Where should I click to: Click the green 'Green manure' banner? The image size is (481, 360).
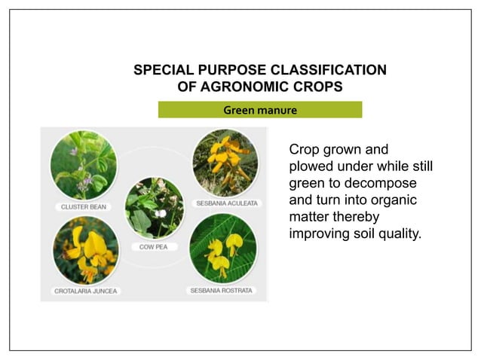259,111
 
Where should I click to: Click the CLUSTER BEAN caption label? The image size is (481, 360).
84,206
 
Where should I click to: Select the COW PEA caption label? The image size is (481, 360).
154,246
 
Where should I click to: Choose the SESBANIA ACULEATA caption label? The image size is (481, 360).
227,203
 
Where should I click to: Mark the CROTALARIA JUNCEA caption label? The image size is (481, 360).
85,290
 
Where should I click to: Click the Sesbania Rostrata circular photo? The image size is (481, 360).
222,248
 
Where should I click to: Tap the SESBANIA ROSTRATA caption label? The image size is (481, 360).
222,290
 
